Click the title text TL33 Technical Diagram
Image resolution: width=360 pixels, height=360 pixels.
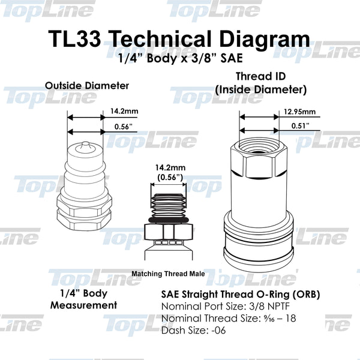coord(179,40)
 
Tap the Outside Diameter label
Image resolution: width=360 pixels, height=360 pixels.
coord(87,86)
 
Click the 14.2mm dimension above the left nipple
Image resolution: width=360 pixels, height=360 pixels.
coord(122,111)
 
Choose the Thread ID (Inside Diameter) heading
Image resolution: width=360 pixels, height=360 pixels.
coord(261,83)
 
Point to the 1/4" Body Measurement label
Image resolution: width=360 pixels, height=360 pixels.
coord(87,299)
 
